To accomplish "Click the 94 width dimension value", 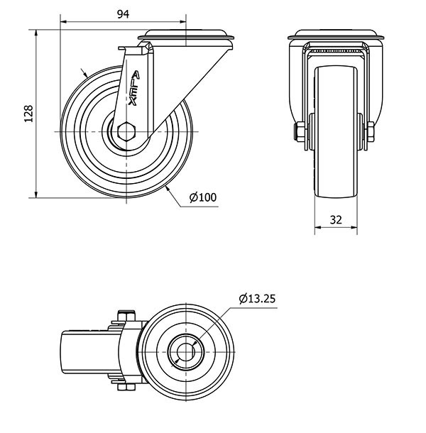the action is point(123,13).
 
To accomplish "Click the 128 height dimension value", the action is point(28,114).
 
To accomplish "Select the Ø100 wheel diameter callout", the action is point(203,197).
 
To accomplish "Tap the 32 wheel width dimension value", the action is point(336,219).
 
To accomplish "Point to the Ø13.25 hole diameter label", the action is point(257,299).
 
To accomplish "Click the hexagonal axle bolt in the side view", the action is point(126,131).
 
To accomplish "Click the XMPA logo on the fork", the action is point(134,88).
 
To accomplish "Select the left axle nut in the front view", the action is point(299,131).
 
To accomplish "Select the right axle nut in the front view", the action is point(370,131).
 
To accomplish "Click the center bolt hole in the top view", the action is point(185,352).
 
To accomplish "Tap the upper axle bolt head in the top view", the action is point(126,316).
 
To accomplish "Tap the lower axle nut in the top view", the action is point(126,387).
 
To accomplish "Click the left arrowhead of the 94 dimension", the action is point(63,21).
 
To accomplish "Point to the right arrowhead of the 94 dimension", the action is point(182,21).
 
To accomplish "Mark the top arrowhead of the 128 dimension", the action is point(36,33).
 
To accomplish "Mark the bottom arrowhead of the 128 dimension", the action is point(36,194).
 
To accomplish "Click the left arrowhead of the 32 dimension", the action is point(318,228).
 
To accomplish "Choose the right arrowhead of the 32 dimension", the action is point(354,228).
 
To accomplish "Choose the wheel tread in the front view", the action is point(336,132).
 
